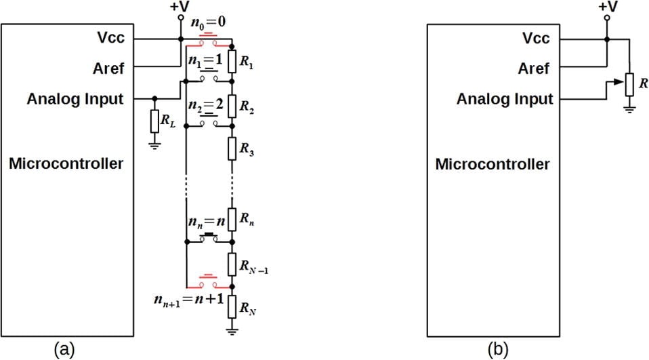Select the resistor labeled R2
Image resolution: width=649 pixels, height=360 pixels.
[x=232, y=106]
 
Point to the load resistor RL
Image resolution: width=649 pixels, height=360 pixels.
[x=155, y=123]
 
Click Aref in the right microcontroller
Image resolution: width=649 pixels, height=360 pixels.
[x=534, y=68]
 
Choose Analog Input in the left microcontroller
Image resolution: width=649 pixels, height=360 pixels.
[x=75, y=99]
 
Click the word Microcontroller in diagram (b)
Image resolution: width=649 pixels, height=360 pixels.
[x=493, y=164]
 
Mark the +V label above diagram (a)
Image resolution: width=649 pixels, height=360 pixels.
[x=180, y=7]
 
